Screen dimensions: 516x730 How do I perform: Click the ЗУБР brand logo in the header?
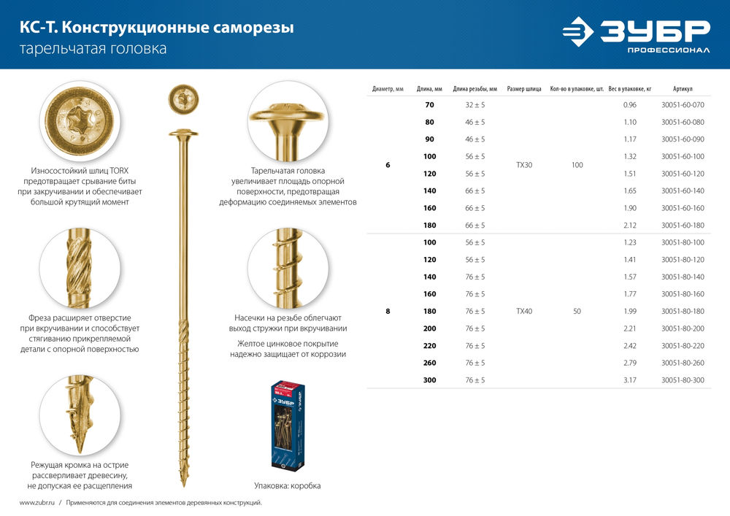point(635,34)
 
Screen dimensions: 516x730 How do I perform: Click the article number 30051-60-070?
point(683,105)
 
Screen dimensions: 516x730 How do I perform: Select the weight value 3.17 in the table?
point(630,380)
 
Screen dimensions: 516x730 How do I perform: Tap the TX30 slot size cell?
point(523,166)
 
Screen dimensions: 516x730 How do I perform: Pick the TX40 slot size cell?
point(523,312)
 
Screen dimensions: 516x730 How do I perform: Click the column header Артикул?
point(683,89)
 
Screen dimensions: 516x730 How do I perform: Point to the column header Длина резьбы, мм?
point(474,89)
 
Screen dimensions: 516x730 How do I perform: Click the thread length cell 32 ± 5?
point(474,105)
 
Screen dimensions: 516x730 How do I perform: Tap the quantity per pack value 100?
point(577,166)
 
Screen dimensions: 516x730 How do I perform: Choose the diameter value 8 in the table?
point(388,312)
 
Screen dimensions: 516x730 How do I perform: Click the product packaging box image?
point(287,425)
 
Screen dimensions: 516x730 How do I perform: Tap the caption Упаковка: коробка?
point(287,485)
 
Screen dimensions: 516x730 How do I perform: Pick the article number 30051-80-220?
point(683,346)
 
